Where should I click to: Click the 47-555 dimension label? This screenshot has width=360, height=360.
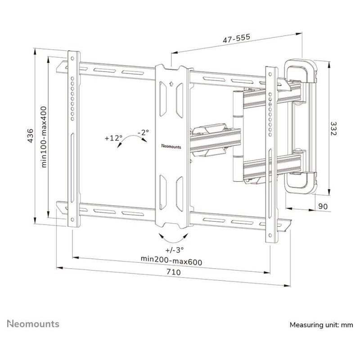(236, 38)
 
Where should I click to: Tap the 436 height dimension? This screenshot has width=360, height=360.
(30, 136)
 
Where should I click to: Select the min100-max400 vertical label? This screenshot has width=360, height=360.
(44, 137)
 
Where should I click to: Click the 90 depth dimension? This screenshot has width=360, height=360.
(323, 207)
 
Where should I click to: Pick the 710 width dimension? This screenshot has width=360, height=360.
(174, 272)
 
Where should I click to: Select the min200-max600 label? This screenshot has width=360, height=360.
(171, 262)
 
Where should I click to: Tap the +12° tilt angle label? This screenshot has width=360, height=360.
(113, 138)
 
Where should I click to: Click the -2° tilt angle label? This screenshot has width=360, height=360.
(143, 132)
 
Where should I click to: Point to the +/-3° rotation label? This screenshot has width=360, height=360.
(175, 249)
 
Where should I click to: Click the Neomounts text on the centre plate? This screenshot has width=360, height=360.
(171, 146)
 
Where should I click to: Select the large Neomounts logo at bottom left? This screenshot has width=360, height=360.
(33, 324)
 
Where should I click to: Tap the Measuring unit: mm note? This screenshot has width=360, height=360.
(321, 325)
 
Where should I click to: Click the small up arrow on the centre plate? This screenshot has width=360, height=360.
(171, 84)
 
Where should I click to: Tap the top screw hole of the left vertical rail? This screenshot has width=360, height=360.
(72, 58)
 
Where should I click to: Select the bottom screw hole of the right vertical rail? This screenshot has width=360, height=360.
(270, 235)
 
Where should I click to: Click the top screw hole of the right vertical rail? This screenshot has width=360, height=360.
(270, 74)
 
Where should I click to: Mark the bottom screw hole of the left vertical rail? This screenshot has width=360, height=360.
(72, 220)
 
